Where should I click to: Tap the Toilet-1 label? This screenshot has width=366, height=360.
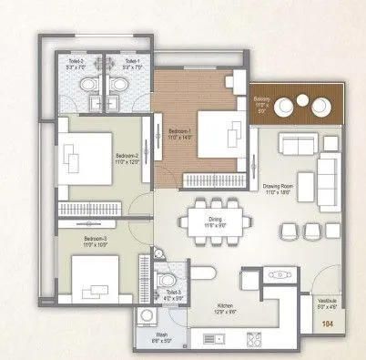coord(118,61)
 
